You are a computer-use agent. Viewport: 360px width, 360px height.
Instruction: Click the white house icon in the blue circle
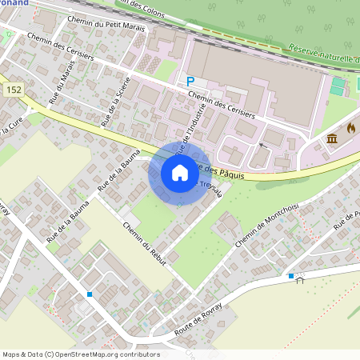click(x=180, y=173)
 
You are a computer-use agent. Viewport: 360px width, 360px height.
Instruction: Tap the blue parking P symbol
click(x=190, y=81)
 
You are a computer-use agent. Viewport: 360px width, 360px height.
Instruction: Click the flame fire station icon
click(x=350, y=128)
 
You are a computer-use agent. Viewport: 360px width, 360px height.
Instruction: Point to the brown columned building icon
click(x=333, y=141)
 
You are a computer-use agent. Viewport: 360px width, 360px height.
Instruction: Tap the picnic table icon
click(x=301, y=278)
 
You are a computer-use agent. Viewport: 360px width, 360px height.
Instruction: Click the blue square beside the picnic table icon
click(x=290, y=276)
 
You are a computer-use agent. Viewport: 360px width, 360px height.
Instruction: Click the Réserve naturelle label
click(x=323, y=57)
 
